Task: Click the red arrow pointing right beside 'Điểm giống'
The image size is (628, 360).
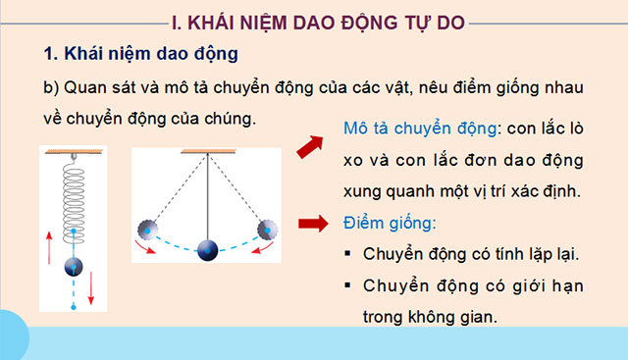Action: point(312,223)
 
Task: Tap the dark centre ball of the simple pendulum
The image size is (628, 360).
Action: point(209,249)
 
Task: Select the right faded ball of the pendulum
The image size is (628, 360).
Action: point(266,231)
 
